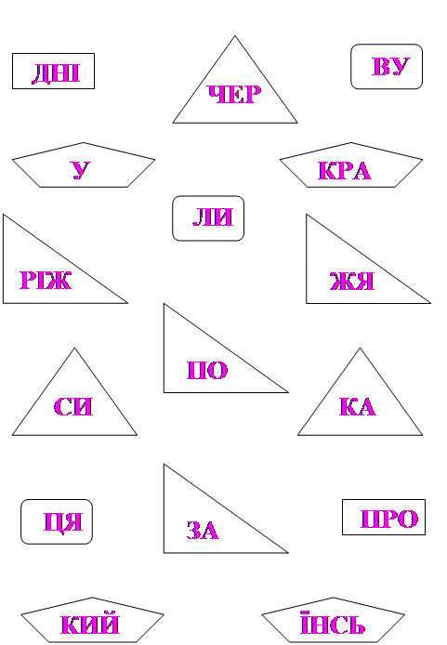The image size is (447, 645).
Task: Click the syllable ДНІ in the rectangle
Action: point(56,73)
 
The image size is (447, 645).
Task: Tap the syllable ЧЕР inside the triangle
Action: point(234,94)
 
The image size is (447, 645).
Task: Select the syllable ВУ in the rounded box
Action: point(391,66)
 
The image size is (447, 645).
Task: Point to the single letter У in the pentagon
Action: point(81,170)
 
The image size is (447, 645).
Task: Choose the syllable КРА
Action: point(345,171)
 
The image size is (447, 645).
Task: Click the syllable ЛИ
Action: point(213,217)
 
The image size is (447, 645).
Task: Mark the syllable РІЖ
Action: point(46,280)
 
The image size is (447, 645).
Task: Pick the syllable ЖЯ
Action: point(352,282)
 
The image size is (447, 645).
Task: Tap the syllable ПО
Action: point(207,370)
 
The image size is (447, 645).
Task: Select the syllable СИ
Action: point(73,406)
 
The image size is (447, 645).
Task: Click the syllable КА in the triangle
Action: point(358,406)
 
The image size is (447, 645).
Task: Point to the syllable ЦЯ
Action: point(63,522)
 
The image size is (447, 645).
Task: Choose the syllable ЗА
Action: point(203,531)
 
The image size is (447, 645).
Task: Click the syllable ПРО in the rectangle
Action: point(389,519)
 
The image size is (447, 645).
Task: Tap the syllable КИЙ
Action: point(90,624)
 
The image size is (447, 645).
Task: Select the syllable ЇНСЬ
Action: point(333,624)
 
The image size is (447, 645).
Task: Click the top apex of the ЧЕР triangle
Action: point(235,36)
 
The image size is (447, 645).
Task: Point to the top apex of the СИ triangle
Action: point(74,348)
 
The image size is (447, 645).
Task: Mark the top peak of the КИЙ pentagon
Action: point(92,598)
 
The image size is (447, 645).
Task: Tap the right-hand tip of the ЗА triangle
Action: point(288,553)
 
